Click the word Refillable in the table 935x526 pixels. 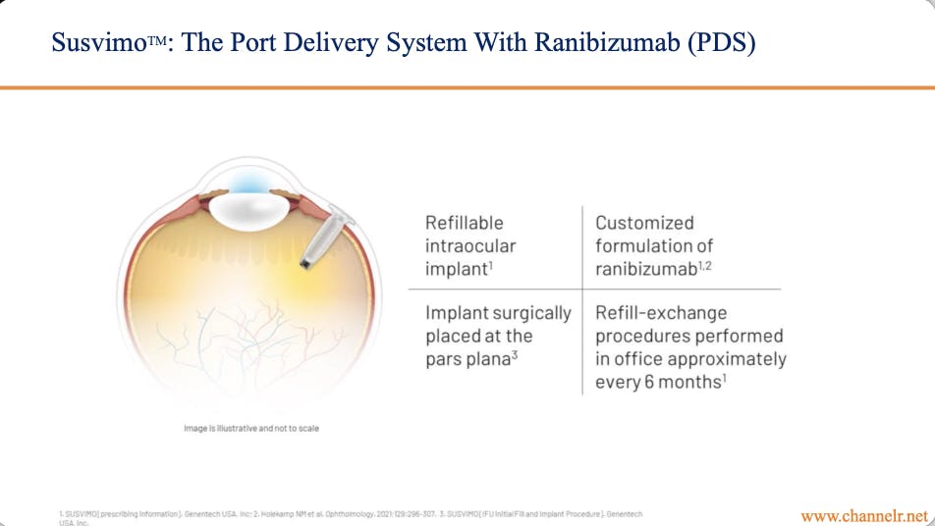point(464,223)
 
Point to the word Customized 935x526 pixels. point(644,223)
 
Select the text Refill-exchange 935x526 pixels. point(661,313)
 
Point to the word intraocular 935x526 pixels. point(469,245)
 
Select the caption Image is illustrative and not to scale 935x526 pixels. point(251,429)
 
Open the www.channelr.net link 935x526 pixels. point(863,515)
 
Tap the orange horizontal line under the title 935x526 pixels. point(467,87)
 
